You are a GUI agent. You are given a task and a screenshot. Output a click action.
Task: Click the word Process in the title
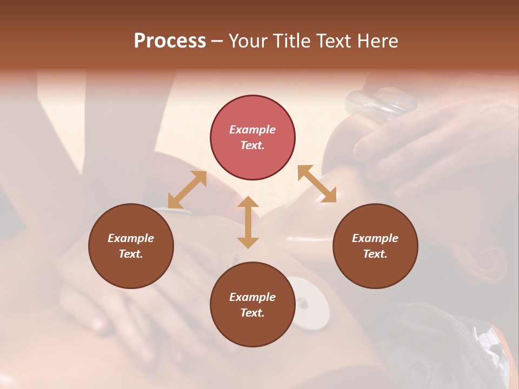[x=170, y=41]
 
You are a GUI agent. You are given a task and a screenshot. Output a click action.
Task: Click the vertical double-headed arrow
[x=248, y=222]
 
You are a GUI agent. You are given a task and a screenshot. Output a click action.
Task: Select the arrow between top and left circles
[x=187, y=190]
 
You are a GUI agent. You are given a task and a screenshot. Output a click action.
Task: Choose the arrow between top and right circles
[x=317, y=184]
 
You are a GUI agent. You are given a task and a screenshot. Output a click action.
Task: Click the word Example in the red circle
[x=252, y=130]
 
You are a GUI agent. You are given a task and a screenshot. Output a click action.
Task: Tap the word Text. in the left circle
[x=131, y=254]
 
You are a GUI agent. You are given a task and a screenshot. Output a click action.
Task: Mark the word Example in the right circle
[x=375, y=238]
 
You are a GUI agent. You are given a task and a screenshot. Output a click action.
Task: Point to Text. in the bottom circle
[x=252, y=313]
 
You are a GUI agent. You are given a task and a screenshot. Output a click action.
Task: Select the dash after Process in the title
[x=217, y=41]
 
